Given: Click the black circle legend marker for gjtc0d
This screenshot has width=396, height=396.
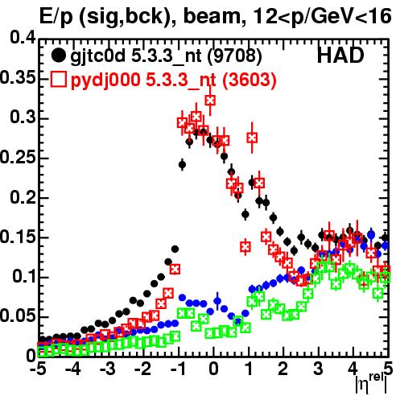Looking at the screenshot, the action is [x=59, y=56].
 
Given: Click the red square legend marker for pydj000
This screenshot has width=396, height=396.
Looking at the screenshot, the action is [x=59, y=80].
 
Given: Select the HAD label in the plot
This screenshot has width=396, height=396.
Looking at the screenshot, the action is [x=340, y=56].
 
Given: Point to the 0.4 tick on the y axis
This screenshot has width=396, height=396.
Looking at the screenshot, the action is [x=23, y=39].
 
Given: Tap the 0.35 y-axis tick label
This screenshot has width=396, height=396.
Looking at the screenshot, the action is [x=18, y=78].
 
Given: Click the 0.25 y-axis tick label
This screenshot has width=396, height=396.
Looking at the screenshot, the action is [x=18, y=157].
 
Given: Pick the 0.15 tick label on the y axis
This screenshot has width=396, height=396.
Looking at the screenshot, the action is [x=18, y=237].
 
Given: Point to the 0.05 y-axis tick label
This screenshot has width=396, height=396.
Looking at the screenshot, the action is [x=18, y=316].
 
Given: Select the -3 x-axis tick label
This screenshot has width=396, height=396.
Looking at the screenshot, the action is [x=108, y=369].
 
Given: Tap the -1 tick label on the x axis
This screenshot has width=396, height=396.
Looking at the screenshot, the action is [x=178, y=369].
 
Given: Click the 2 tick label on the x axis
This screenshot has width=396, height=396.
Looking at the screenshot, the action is [x=283, y=369].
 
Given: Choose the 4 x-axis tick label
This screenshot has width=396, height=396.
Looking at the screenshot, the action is [x=353, y=369].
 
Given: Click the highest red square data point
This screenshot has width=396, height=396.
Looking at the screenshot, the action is [x=210, y=101].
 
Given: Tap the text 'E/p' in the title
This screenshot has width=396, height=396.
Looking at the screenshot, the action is [x=56, y=18].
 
